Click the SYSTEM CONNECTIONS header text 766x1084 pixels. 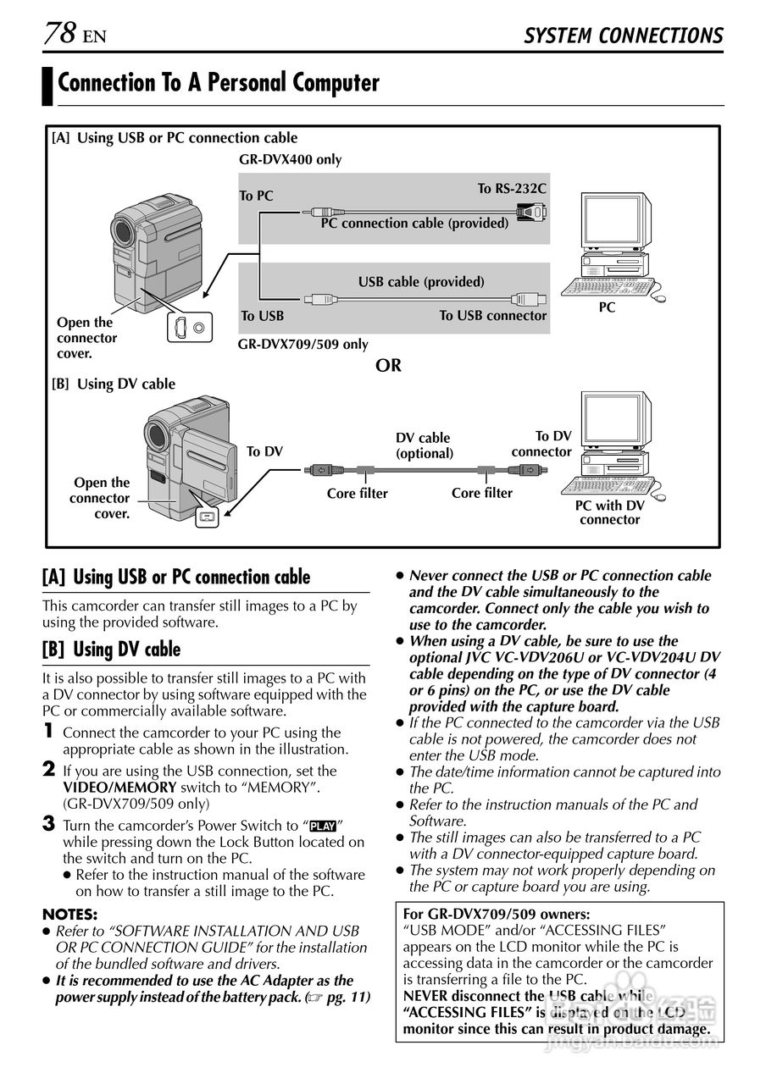tap(623, 36)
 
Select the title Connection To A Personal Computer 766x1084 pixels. tap(219, 83)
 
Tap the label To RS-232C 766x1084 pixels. tap(512, 188)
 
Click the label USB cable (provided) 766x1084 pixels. tap(421, 281)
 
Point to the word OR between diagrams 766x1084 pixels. tap(388, 366)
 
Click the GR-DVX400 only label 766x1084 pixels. tap(290, 159)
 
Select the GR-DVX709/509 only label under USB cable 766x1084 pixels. tap(303, 344)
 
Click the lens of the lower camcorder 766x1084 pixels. tap(156, 434)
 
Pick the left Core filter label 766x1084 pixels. tap(357, 494)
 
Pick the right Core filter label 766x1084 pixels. tap(481, 493)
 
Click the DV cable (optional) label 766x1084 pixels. tap(424, 445)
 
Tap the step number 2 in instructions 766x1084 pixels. tap(49, 770)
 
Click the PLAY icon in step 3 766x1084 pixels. tap(323, 826)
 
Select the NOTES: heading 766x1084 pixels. tap(69, 914)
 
